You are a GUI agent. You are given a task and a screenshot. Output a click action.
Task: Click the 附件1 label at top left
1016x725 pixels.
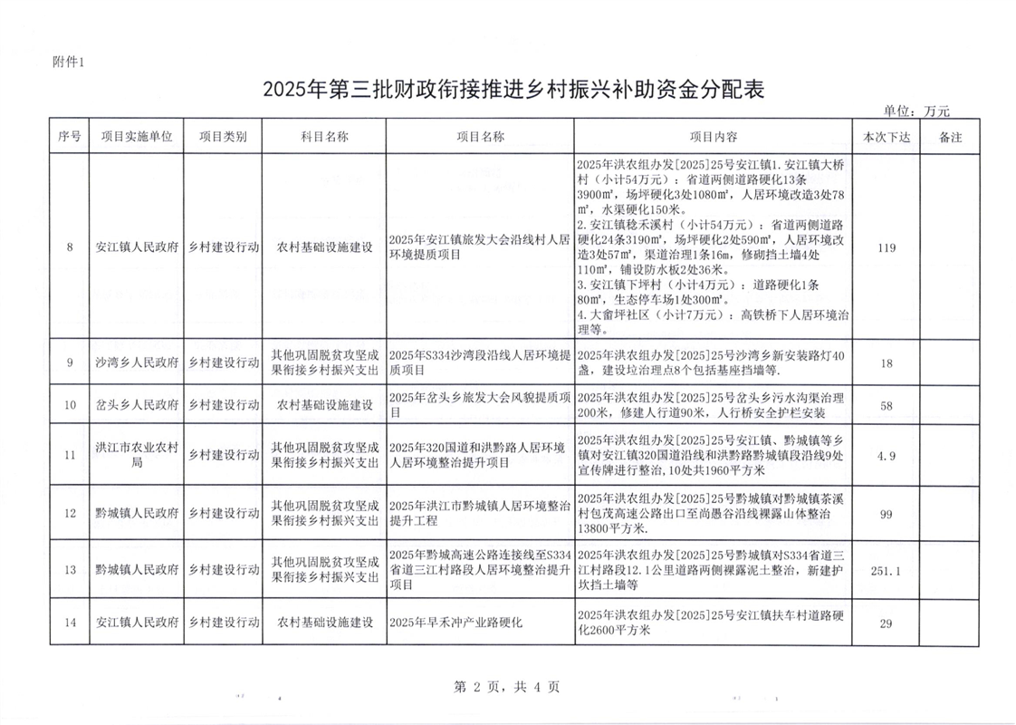tap(68, 62)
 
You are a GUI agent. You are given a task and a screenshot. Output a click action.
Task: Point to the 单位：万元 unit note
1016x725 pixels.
tap(915, 111)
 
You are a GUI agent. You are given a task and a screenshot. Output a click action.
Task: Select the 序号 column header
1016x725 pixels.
tap(69, 137)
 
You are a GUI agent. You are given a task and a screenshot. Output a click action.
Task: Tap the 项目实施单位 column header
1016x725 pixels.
tap(137, 137)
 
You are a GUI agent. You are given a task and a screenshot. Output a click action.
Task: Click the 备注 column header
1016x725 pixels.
tap(950, 137)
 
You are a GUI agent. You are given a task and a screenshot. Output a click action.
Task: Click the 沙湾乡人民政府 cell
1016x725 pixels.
tap(137, 362)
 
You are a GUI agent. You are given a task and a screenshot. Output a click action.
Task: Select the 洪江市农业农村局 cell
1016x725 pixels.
tap(137, 455)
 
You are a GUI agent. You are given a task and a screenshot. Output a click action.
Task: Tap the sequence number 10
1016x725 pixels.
tap(70, 405)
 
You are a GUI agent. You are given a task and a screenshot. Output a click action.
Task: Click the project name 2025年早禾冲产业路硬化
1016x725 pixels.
tap(456, 623)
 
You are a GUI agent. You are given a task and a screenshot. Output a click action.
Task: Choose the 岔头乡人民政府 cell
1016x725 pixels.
tap(137, 405)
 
